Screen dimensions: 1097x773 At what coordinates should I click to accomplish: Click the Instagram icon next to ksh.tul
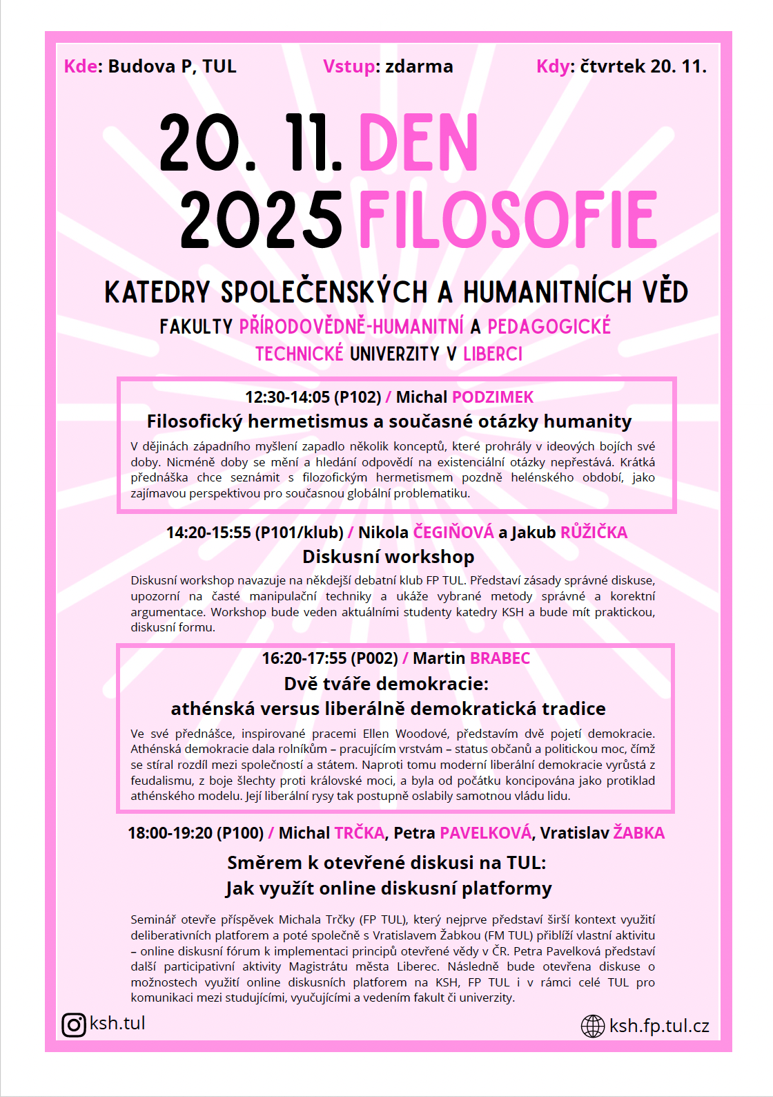(x=74, y=1024)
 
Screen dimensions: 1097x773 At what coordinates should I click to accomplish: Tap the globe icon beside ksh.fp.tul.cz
(x=593, y=1027)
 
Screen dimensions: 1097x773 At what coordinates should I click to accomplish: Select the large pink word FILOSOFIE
(x=508, y=220)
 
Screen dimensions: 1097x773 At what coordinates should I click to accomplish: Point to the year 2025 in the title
(x=262, y=220)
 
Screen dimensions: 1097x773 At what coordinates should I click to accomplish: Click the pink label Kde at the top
(x=79, y=66)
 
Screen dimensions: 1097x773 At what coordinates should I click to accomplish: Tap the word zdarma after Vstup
(x=419, y=66)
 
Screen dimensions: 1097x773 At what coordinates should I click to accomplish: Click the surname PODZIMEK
(x=493, y=397)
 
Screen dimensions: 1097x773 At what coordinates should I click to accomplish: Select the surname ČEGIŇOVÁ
(x=453, y=533)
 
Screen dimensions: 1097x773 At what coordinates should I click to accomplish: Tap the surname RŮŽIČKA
(x=594, y=533)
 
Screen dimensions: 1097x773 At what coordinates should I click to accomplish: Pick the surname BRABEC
(x=500, y=658)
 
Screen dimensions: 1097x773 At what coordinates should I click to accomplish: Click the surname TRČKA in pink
(x=359, y=833)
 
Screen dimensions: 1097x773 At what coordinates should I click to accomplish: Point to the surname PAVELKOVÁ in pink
(x=485, y=833)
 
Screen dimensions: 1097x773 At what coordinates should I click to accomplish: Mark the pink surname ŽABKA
(x=638, y=833)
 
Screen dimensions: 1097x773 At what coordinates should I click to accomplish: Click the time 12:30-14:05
(x=287, y=397)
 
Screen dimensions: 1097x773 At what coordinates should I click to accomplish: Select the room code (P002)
(x=374, y=658)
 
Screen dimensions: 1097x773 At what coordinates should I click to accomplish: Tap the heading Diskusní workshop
(x=388, y=557)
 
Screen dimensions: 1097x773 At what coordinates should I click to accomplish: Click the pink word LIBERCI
(x=493, y=354)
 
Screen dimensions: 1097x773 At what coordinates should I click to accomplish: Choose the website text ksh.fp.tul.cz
(x=659, y=1027)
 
